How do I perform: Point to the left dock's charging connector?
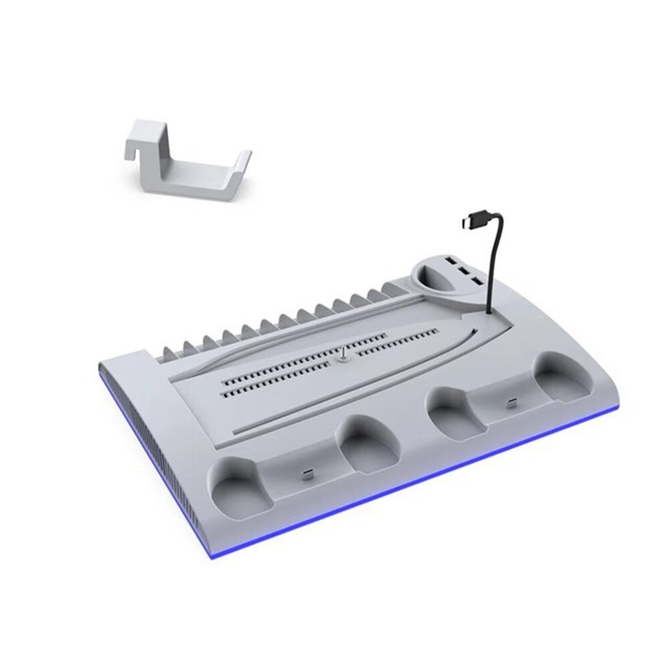(x=306, y=474)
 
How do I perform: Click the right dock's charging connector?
(x=511, y=402)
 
